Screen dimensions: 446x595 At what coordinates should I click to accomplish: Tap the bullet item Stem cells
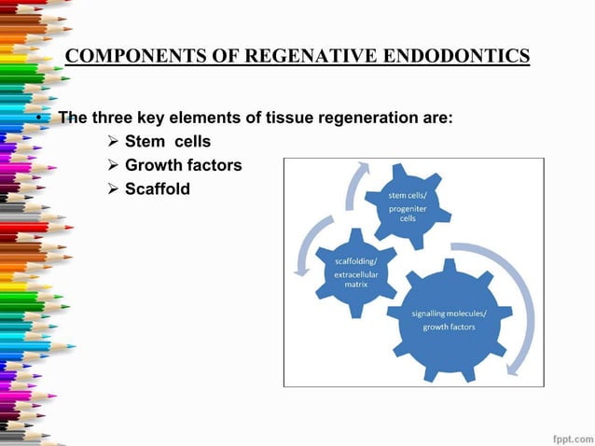point(167,142)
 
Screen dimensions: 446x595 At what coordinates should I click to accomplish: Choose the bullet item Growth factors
point(183,165)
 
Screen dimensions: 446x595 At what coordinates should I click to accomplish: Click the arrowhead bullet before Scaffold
point(112,188)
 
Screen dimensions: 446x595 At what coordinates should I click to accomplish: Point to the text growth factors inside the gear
point(449,328)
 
